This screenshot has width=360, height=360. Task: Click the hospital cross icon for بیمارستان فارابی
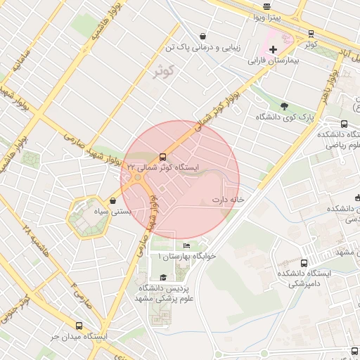tap(274, 49)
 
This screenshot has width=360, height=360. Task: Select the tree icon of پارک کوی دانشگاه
tap(284, 106)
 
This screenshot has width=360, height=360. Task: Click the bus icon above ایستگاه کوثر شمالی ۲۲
tap(163, 157)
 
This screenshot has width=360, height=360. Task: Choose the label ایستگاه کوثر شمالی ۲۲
tap(162, 168)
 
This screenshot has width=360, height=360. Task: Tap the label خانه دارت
tap(229, 200)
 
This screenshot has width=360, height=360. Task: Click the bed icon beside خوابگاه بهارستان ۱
tap(186, 245)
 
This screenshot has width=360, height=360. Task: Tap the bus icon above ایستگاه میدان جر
tap(78, 326)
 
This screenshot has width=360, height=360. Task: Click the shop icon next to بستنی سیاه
tap(114, 200)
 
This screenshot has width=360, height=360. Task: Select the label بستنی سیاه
tap(95, 211)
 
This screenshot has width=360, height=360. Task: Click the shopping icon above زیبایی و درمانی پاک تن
tap(203, 36)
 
